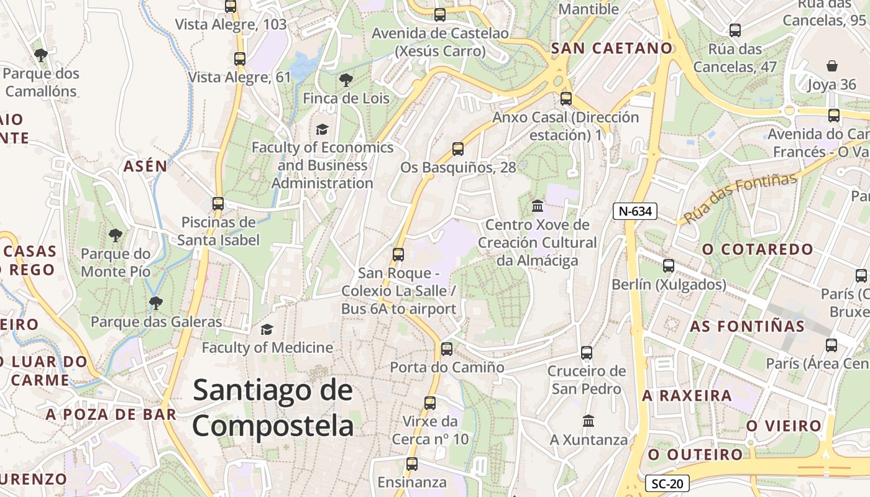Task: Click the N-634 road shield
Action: [634, 211]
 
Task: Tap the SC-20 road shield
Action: [667, 483]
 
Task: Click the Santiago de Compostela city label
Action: [273, 408]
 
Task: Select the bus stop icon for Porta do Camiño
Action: [446, 349]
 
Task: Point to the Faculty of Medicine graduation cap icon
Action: [267, 329]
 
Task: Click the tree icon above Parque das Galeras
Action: [155, 303]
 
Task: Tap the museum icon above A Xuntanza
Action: [588, 421]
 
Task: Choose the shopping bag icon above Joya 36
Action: [831, 66]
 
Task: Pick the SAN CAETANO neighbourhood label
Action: [611, 48]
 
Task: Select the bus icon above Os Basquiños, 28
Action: [458, 149]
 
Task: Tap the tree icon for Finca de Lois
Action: [346, 80]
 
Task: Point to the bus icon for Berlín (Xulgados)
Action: [668, 266]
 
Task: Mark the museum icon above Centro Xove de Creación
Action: [538, 206]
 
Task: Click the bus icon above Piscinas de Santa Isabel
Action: [217, 204]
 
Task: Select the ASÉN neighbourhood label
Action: [145, 166]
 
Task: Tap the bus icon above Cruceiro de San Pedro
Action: [586, 353]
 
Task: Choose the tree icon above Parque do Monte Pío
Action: [115, 235]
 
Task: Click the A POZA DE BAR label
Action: [111, 414]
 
